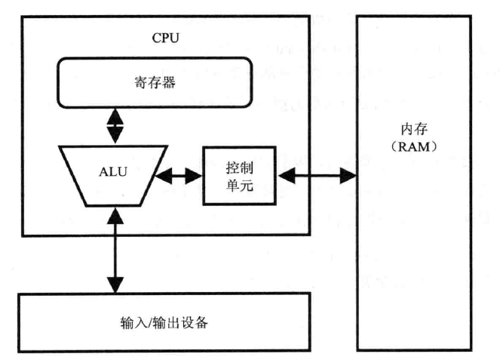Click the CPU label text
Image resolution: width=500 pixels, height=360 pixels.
pyautogui.click(x=165, y=38)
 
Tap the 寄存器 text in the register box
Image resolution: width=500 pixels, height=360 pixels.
pyautogui.click(x=155, y=82)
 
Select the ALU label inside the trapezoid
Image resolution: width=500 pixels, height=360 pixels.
pyautogui.click(x=113, y=172)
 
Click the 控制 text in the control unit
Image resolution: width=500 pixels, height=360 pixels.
pyautogui.click(x=240, y=168)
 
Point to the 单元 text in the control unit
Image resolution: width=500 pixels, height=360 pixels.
pyautogui.click(x=240, y=185)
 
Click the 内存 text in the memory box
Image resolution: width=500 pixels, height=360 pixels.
pyautogui.click(x=414, y=129)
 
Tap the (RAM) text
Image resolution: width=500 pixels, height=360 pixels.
pyautogui.click(x=414, y=147)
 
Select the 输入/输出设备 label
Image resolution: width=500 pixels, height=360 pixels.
pyautogui.click(x=164, y=322)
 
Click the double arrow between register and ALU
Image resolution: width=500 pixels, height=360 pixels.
pyautogui.click(x=115, y=126)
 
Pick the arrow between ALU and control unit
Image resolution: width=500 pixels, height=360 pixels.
pyautogui.click(x=179, y=176)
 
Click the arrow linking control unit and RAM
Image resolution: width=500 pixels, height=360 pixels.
pyautogui.click(x=317, y=176)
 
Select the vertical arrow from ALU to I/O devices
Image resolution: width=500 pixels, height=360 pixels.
pyautogui.click(x=115, y=251)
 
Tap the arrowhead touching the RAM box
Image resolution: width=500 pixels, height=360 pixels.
pyautogui.click(x=348, y=176)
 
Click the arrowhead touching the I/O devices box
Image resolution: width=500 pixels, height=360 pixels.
pyautogui.click(x=115, y=285)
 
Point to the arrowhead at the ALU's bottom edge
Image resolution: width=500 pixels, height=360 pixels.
pyautogui.click(x=115, y=216)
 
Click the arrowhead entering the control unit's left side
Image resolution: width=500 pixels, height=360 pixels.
pyautogui.click(x=195, y=176)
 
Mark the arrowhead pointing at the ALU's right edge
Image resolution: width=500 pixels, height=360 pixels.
pyautogui.click(x=163, y=176)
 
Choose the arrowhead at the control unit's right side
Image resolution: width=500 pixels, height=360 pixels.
pyautogui.click(x=287, y=176)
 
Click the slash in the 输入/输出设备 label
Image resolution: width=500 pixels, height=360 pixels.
pyautogui.click(x=149, y=323)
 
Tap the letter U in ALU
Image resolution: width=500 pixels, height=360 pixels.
pyautogui.click(x=122, y=172)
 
